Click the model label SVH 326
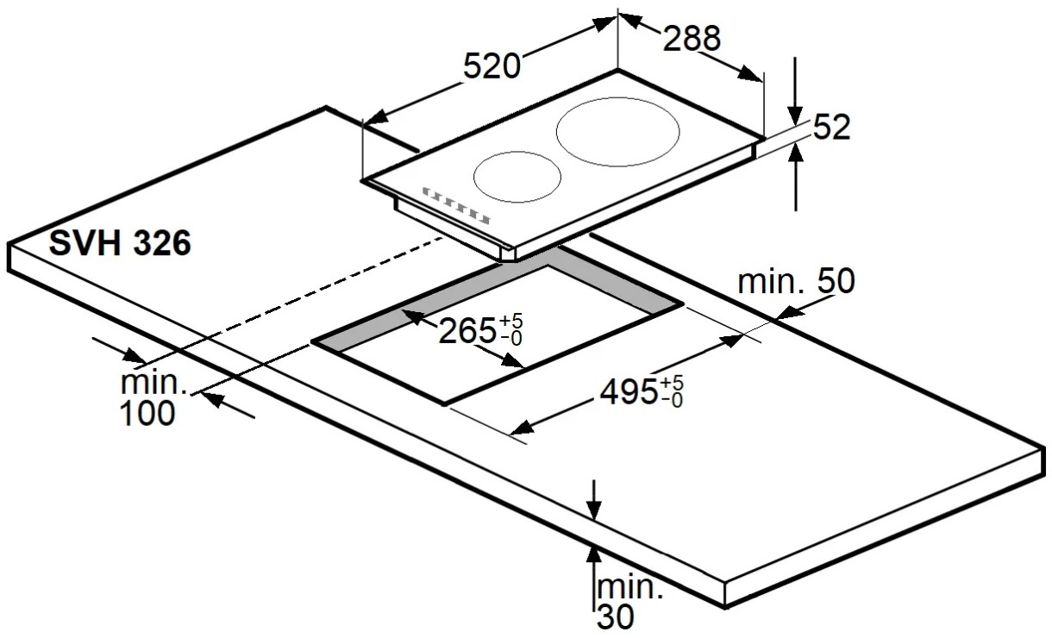point(120,243)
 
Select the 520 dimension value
point(492,66)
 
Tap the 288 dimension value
point(692,38)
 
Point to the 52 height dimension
point(832,127)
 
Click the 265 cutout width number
point(467,331)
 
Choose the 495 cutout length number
point(629,391)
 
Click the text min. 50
point(797,281)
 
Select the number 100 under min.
point(147,414)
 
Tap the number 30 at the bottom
point(615,616)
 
